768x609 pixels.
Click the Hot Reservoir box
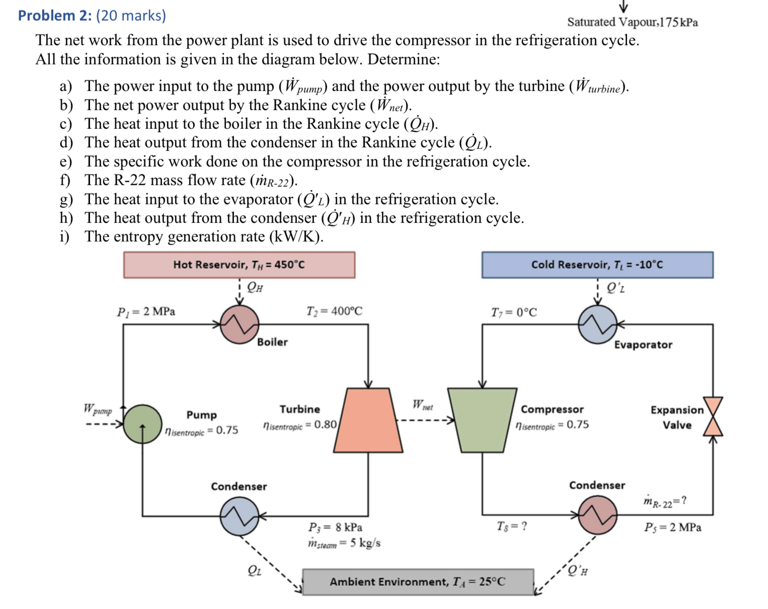tap(239, 265)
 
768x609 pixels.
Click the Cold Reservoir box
tap(597, 265)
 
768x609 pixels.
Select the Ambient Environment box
tap(418, 582)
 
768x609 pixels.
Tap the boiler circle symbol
tap(240, 325)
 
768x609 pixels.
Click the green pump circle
tap(143, 424)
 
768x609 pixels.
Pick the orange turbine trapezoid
tap(368, 420)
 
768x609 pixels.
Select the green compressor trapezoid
tap(482, 420)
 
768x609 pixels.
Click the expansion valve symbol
tap(713, 416)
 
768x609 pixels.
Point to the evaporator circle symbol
tap(597, 325)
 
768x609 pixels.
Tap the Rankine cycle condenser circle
tap(240, 516)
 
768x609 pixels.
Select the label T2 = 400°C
tap(334, 312)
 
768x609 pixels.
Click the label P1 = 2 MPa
tap(146, 312)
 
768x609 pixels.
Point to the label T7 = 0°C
tap(514, 313)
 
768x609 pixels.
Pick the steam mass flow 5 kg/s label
tap(344, 543)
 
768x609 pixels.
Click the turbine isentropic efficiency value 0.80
tap(325, 425)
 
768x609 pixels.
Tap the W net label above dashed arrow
tap(422, 405)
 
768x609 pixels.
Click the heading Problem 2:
tap(55, 16)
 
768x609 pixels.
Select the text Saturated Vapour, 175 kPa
tap(633, 22)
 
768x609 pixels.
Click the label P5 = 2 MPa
tap(672, 527)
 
